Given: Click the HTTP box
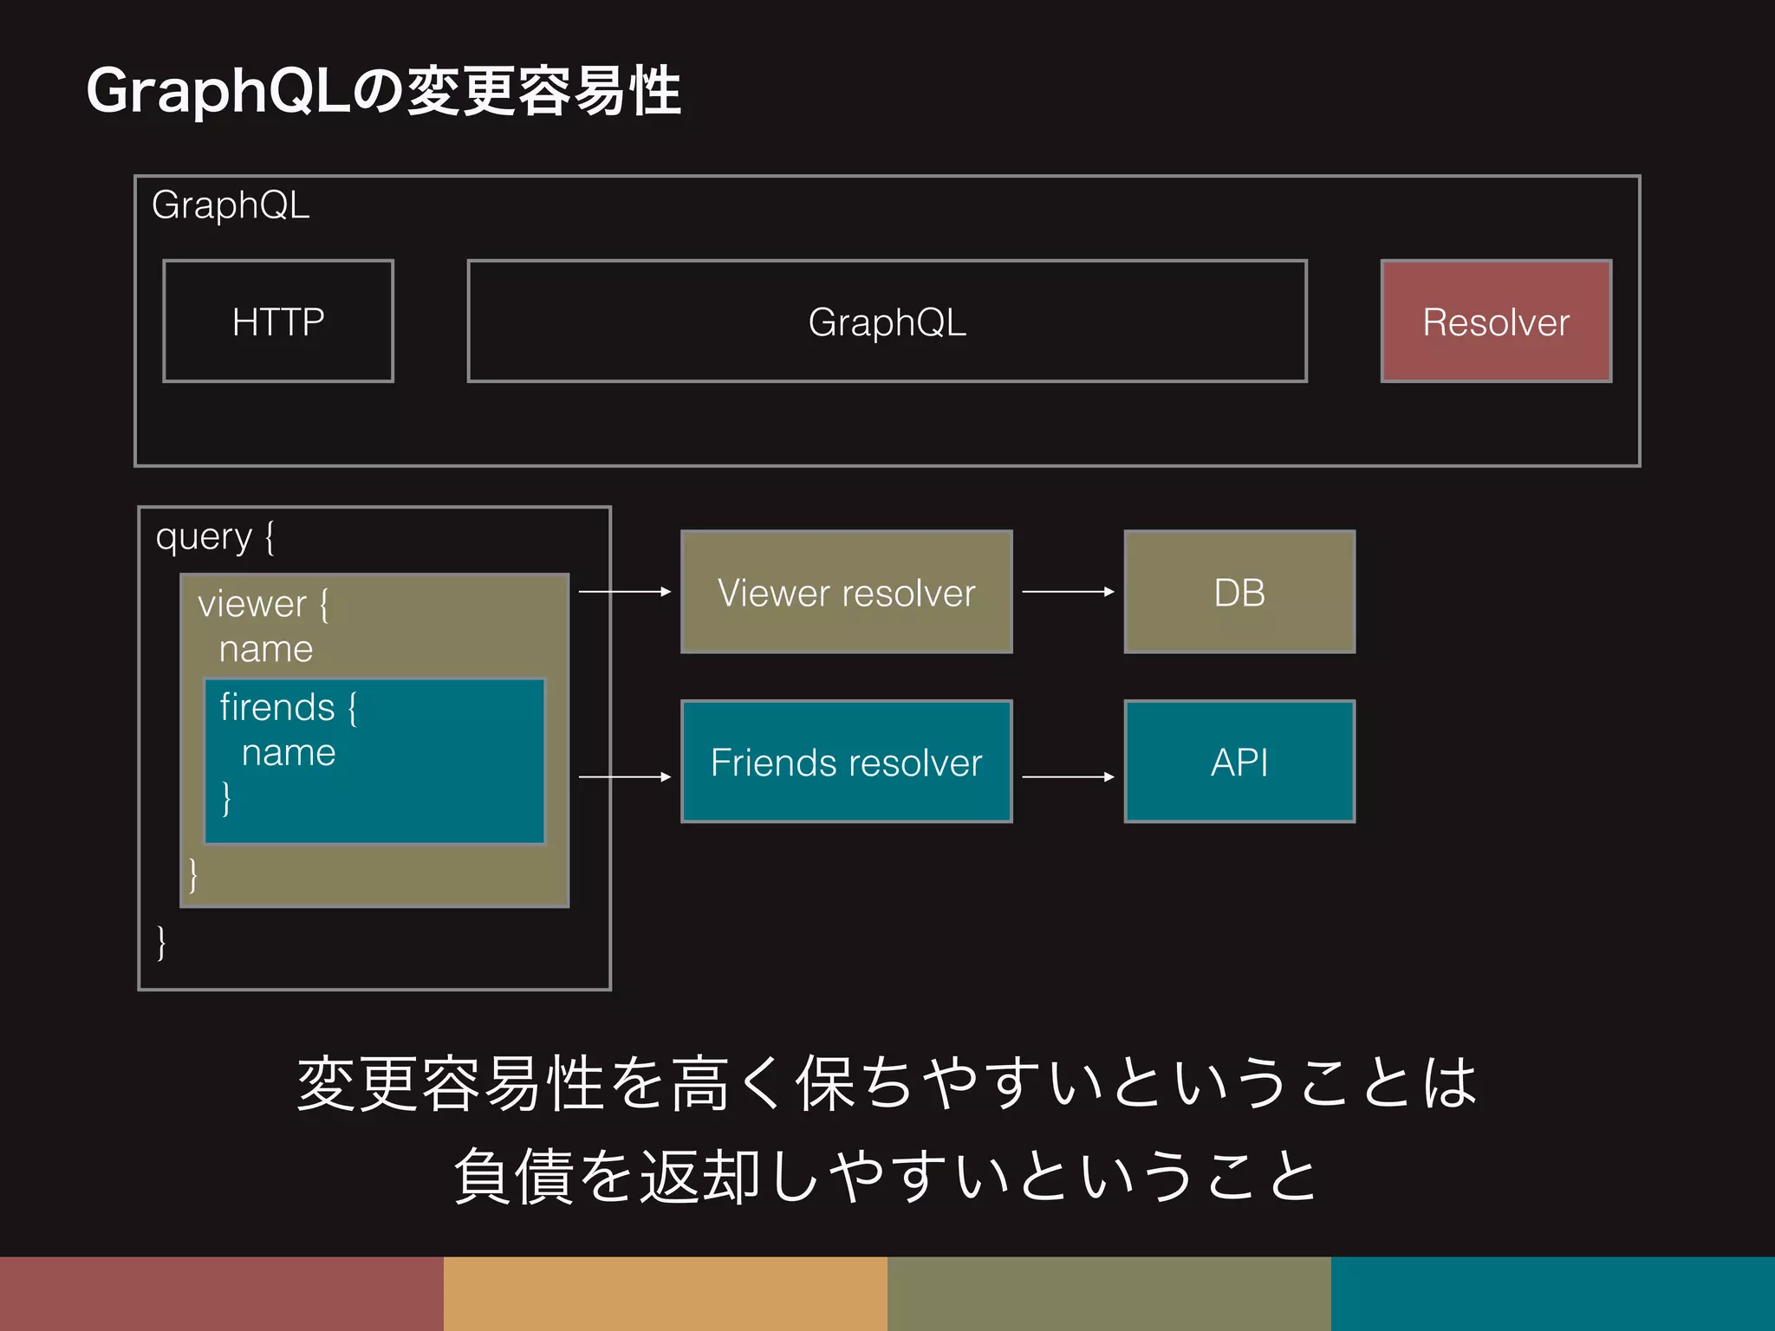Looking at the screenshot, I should coord(278,321).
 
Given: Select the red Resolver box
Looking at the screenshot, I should coord(1496,321).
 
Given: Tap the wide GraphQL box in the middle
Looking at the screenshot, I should coord(887,321).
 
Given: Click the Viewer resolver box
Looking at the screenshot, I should coord(846,593).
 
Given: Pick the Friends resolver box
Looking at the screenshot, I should coord(846,763).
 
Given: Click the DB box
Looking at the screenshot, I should coord(1239,593).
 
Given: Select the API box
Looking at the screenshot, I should coord(1239,763).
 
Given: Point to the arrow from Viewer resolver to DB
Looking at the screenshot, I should coord(1068,592).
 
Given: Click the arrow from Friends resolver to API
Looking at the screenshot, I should coord(1068,777).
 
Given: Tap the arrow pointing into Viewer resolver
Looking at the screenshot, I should coord(625,592).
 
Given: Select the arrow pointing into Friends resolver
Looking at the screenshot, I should coord(625,777).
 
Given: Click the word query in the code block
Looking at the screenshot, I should coord(203,537).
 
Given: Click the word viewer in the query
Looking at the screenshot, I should coord(251,604).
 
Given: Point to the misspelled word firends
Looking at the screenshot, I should coord(277,707).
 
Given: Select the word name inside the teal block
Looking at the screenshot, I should coord(289,753).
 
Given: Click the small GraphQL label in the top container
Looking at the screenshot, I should coord(231,205).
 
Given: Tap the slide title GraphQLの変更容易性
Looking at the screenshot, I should coord(383,91).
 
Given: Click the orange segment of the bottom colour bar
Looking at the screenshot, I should coord(666,1293).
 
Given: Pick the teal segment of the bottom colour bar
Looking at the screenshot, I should coord(1553,1293).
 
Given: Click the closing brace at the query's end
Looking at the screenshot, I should coord(161,942).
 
